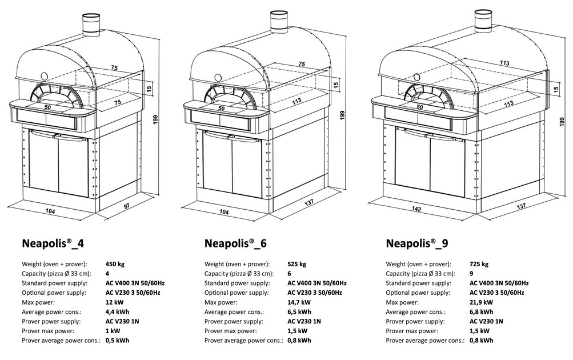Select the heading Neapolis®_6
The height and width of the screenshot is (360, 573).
235,243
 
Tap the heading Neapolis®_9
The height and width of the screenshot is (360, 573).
417,243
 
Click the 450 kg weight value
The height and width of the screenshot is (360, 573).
115,264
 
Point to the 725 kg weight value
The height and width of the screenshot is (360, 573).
479,264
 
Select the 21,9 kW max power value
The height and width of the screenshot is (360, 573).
482,302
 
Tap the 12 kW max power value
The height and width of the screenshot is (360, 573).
115,302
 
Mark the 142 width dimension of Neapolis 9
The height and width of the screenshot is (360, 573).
416,210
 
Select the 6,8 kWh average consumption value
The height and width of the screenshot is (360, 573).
482,311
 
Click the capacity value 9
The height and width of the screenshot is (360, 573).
471,274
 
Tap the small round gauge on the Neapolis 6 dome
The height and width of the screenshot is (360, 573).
217,76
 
